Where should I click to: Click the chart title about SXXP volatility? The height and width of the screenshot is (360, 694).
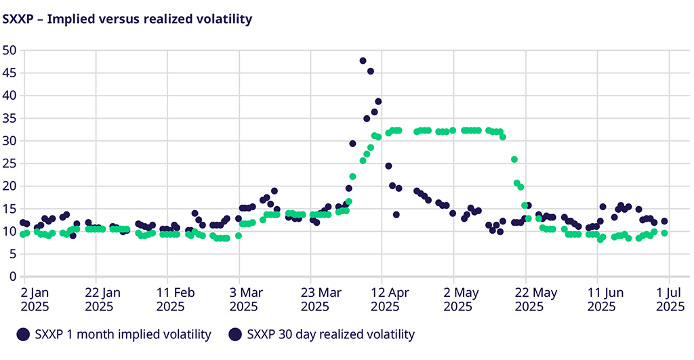click(x=127, y=19)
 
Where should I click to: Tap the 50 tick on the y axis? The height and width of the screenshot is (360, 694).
click(x=9, y=50)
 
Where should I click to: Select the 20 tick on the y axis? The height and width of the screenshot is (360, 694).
click(x=9, y=186)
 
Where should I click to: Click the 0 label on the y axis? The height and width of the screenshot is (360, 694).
click(x=12, y=277)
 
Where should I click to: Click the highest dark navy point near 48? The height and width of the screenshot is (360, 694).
click(x=363, y=61)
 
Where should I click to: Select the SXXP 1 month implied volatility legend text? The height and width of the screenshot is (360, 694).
click(x=123, y=334)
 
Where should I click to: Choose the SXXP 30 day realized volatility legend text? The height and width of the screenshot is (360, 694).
click(x=331, y=334)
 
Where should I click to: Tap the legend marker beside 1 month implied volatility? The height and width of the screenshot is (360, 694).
click(x=24, y=334)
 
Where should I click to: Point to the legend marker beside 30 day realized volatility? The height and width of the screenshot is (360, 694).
click(x=235, y=334)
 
